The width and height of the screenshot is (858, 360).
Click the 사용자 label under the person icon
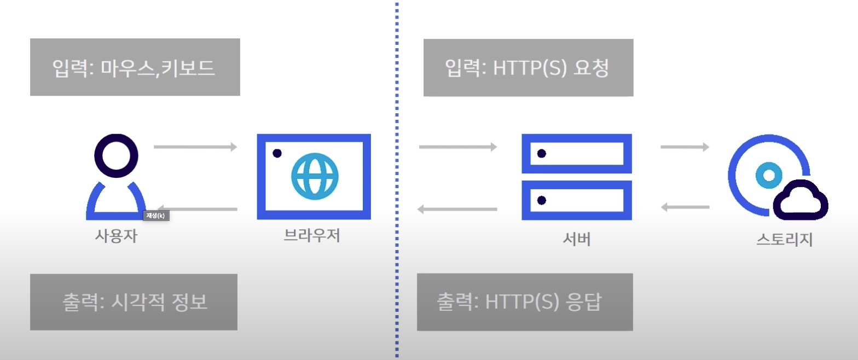115,236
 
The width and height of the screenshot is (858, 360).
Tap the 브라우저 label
312,235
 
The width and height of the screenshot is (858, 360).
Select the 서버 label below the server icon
577,239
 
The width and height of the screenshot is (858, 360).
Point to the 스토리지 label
784,240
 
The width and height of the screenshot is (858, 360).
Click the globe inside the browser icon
315,177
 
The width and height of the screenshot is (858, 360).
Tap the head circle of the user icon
116,155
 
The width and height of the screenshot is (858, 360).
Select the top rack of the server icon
577,153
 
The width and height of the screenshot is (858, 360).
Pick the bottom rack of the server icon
577,200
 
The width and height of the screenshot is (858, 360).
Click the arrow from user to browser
195,147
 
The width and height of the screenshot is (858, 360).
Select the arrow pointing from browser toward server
458,147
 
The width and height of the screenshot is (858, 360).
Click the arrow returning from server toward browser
457,209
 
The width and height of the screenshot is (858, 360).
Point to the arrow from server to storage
685,147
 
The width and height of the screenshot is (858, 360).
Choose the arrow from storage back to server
685,207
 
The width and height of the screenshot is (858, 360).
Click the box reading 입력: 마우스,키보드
135,67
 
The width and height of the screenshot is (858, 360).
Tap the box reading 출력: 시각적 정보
134,302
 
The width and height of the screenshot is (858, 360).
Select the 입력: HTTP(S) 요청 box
528,68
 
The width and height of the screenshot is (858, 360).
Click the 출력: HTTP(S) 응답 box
524,302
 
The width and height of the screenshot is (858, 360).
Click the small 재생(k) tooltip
156,216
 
